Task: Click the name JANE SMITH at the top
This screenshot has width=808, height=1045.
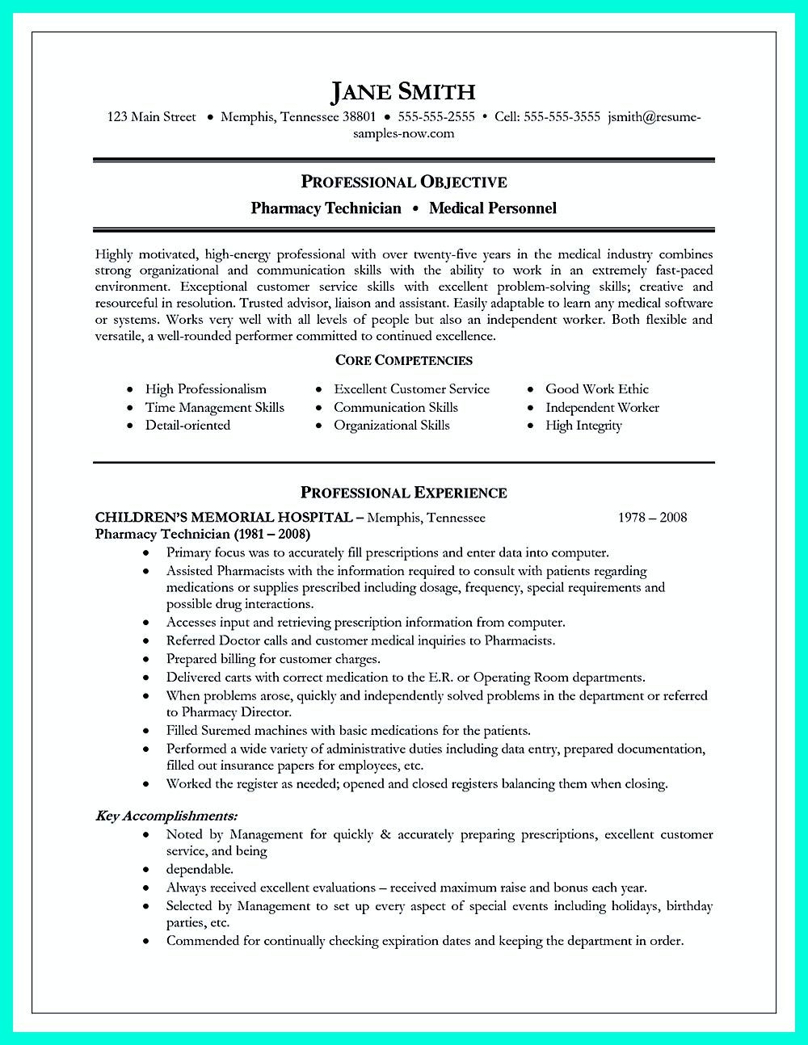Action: [403, 92]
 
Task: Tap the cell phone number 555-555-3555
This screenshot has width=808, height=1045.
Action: [562, 117]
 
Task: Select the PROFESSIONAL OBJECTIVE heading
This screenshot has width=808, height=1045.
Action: [403, 182]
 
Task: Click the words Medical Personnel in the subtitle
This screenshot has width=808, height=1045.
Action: [493, 208]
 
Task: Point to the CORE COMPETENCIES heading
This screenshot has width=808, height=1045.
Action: [403, 360]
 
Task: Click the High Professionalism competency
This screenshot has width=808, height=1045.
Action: [205, 389]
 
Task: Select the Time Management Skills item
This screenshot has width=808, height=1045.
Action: [214, 408]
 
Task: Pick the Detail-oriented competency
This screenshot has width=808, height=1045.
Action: [187, 426]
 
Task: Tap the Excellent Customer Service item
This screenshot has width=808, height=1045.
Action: [411, 389]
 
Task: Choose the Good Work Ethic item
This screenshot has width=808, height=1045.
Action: [596, 389]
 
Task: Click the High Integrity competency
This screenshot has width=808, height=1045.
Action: [583, 426]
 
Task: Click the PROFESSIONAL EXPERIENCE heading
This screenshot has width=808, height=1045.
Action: [403, 493]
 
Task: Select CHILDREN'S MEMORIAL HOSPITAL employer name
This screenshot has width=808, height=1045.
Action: [224, 517]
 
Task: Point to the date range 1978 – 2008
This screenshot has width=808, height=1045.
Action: [652, 517]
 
